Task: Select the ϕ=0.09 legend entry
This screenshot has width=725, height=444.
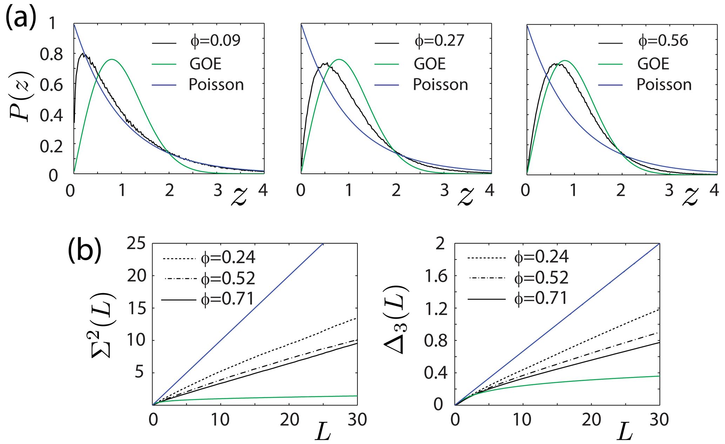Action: (x=215, y=41)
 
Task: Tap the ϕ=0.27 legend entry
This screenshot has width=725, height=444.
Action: (x=439, y=41)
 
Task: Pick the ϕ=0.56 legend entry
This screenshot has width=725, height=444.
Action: (x=663, y=41)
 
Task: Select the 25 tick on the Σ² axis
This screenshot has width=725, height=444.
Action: (x=136, y=243)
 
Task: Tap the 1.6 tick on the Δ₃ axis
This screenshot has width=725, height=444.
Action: (x=436, y=277)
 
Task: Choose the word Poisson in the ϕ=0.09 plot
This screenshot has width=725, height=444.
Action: (x=216, y=85)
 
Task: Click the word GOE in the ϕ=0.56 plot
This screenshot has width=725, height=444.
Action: (x=653, y=64)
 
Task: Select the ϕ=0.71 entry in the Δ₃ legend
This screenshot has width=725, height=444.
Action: (x=541, y=299)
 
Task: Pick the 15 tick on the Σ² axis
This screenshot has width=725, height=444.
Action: (x=136, y=308)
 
